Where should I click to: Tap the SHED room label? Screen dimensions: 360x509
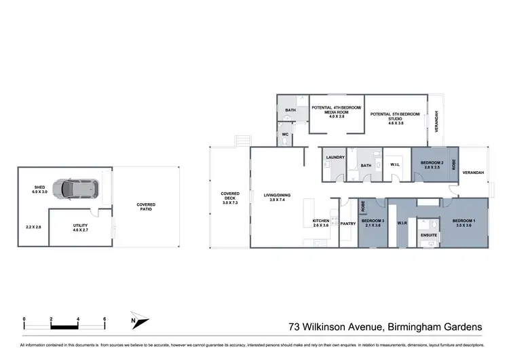[x=39, y=190]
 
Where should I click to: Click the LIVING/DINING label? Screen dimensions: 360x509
[x=276, y=198]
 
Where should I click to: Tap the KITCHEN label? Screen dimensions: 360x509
[x=320, y=221]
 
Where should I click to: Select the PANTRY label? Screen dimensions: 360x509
[x=347, y=223]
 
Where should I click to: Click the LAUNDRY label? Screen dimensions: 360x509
[x=335, y=158]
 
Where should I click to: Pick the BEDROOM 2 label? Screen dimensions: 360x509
[x=432, y=164]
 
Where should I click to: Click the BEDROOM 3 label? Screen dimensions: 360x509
[x=372, y=221]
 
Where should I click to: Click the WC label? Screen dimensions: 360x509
[x=286, y=134]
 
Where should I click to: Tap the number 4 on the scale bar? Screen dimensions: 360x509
[x=79, y=318]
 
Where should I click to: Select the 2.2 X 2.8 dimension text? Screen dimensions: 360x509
[x=34, y=228]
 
